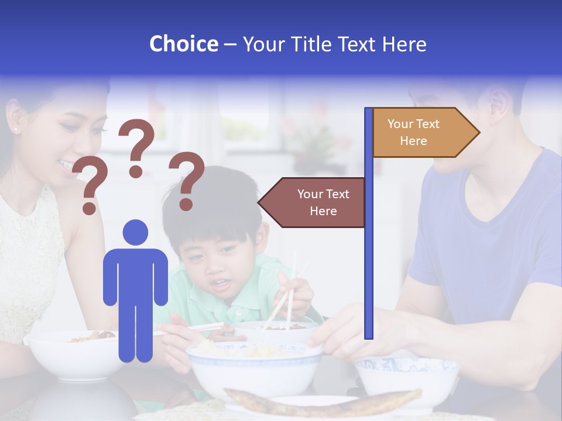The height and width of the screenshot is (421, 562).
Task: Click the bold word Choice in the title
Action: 183,44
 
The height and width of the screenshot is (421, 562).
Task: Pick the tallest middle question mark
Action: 137,147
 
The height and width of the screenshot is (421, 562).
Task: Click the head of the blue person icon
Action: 135,233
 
